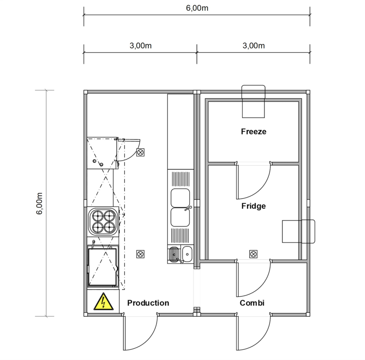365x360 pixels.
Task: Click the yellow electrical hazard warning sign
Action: coord(104,302)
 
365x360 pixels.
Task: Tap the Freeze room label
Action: coord(253,132)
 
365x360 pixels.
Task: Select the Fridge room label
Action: coord(253,206)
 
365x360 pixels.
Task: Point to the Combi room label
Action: coord(252,303)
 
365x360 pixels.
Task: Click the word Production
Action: coord(148,303)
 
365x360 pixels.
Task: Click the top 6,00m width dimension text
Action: coord(197,8)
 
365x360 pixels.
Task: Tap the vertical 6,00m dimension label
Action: coord(40,203)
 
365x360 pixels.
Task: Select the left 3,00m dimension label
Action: coord(140,46)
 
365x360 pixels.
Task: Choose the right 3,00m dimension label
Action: coord(253,46)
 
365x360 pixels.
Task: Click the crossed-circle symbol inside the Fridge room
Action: coord(253,254)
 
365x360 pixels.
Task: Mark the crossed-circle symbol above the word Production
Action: coord(140,254)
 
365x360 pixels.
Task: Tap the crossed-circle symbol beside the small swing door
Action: coord(140,152)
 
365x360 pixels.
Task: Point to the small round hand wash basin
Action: coord(187,254)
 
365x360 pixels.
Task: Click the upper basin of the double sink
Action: coord(180,198)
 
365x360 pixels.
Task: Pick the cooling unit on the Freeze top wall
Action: coord(253,101)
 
